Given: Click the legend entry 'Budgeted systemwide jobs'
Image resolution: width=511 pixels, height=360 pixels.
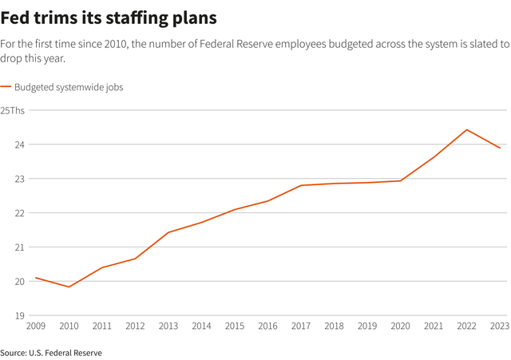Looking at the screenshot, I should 69,86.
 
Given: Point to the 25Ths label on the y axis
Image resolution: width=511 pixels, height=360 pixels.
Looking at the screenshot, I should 13,110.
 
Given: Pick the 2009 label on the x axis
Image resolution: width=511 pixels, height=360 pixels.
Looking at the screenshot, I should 36,326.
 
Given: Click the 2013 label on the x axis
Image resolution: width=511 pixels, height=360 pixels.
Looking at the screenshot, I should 168,326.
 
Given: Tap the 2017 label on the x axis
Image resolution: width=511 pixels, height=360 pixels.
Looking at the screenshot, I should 301,326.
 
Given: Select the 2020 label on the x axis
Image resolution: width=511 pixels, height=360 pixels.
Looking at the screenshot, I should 401,326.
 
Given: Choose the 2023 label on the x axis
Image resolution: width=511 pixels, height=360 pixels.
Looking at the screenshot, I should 500,326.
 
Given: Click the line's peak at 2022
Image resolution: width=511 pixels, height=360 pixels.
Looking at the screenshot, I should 467,129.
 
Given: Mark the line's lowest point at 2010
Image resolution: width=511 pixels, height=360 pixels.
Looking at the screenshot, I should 69,287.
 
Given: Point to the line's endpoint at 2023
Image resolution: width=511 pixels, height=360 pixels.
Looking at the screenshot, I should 501,148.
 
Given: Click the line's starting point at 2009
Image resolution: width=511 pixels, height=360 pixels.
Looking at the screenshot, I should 36,278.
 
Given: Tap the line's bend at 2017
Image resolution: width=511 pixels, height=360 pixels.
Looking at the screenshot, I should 301,185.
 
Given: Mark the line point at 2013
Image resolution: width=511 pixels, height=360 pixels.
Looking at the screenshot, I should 168,232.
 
